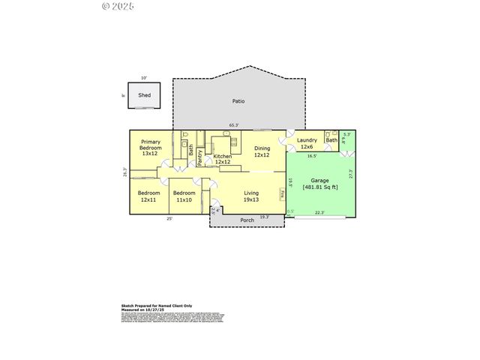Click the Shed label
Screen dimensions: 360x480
(144, 95)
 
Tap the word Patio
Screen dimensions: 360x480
(238, 101)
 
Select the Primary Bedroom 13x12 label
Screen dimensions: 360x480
(150, 147)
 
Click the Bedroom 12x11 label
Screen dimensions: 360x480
(148, 196)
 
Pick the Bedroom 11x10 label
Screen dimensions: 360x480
(184, 196)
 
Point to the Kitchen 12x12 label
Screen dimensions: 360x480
(222, 159)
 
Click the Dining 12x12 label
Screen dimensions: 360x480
(261, 151)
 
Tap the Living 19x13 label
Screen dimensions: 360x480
(251, 196)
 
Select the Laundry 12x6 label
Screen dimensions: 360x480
(307, 143)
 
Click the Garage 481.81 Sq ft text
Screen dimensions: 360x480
(320, 184)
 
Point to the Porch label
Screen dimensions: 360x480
(246, 220)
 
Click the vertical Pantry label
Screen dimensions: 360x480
(200, 157)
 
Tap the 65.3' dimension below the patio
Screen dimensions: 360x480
(234, 125)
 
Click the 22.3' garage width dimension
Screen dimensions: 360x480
(319, 212)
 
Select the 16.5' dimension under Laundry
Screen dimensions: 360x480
(312, 156)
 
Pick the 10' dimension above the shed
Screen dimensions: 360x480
(144, 77)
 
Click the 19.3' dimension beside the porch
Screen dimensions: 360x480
(263, 217)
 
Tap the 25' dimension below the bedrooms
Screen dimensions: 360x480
(169, 219)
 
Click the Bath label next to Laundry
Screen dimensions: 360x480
(331, 140)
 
